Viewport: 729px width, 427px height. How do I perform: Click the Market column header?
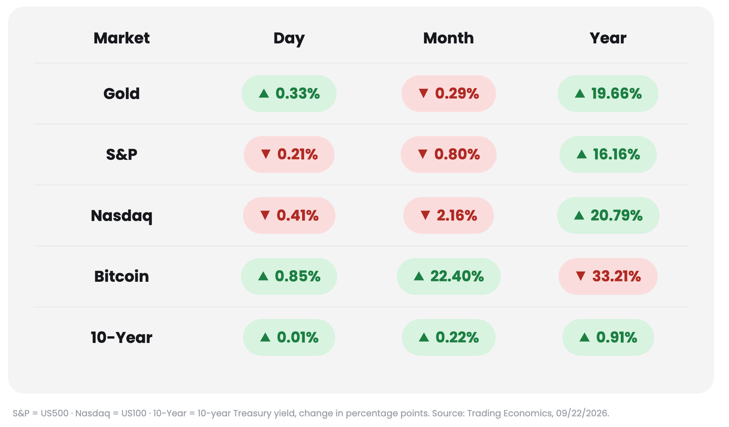coord(122,38)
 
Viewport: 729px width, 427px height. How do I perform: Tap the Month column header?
coord(449,38)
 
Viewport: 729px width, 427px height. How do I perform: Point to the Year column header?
coord(608,38)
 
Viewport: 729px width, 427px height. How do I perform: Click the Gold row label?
coord(122,94)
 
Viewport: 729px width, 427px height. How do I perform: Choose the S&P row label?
coord(122,154)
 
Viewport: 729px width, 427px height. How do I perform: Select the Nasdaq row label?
coord(122,216)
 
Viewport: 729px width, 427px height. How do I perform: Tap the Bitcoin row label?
coord(122,276)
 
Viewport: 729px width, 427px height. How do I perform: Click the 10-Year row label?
coord(122,337)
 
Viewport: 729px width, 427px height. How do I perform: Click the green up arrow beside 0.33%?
coord(264,94)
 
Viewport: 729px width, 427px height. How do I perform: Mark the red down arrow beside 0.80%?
coord(423,154)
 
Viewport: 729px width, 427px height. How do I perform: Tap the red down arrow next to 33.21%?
coord(581,276)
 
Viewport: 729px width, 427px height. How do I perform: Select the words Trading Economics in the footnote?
coord(509,413)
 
